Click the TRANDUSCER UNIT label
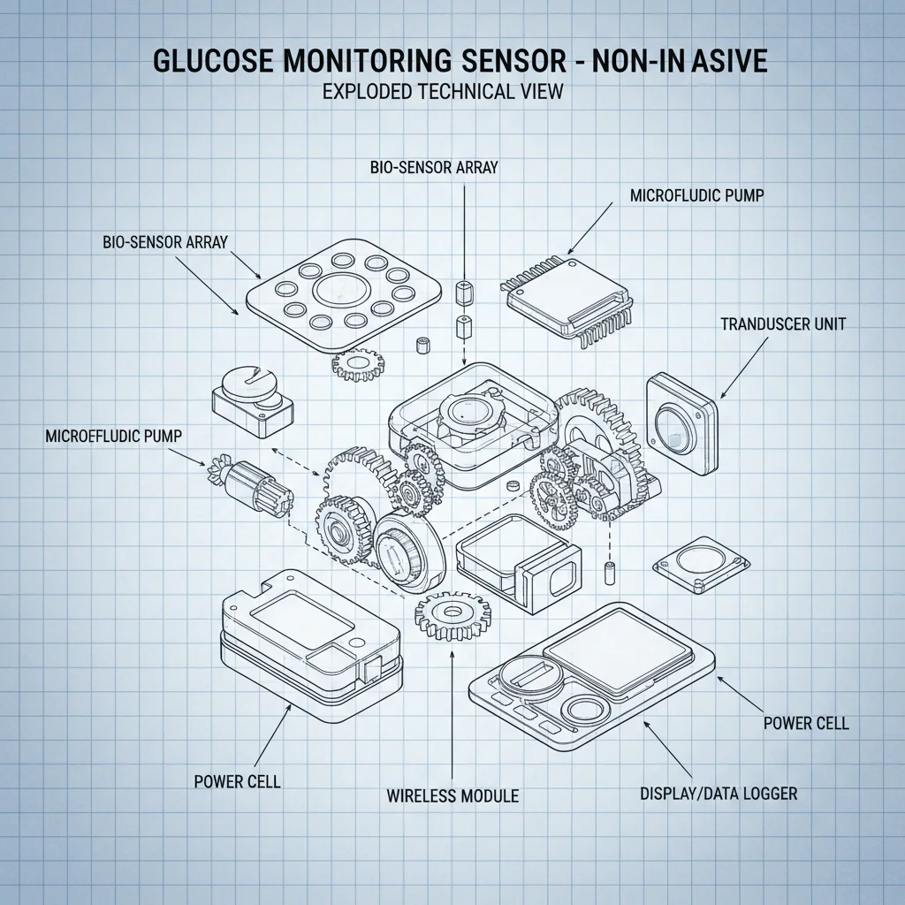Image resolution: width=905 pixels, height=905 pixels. [782, 324]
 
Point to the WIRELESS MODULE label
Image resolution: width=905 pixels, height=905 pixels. [452, 796]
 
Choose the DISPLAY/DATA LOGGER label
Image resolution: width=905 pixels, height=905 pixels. [718, 794]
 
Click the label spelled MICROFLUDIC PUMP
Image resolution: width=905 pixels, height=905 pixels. [696, 195]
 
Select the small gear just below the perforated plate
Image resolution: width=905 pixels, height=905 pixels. [361, 363]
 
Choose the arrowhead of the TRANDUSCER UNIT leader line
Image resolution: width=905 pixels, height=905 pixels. [722, 398]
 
